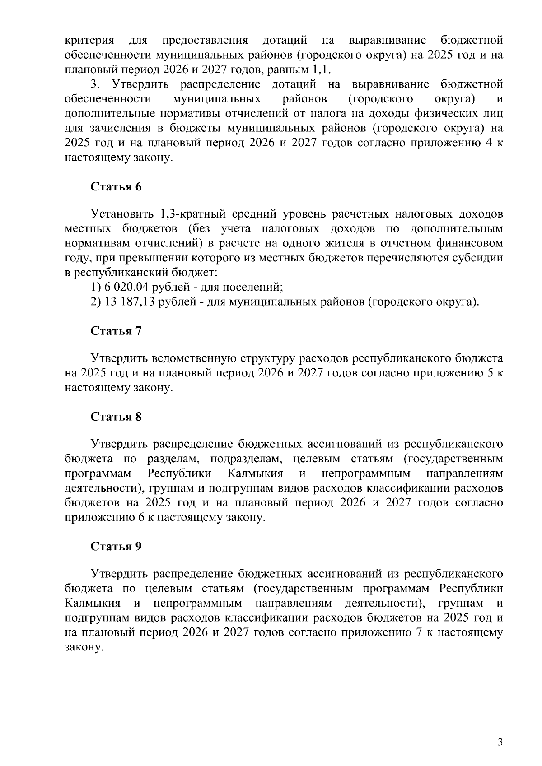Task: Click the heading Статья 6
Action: pos(116,187)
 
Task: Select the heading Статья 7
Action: pos(116,331)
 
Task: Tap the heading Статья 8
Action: pos(116,417)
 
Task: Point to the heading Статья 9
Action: pos(116,547)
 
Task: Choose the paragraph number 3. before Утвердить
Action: pos(95,84)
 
